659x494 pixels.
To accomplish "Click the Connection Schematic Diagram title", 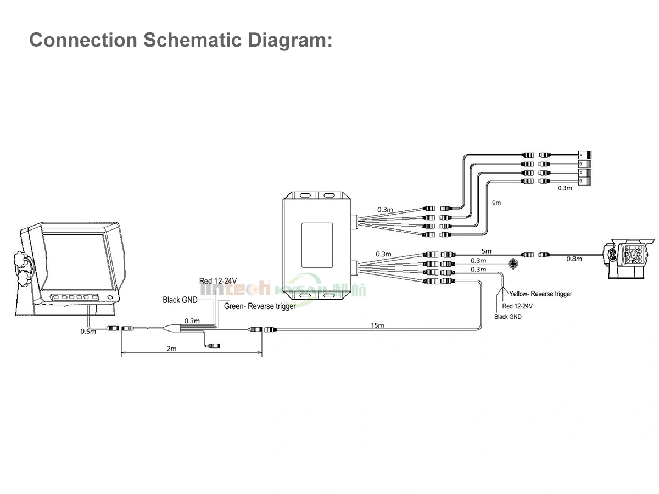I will coord(181,40).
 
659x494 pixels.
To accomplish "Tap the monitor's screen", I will coord(74,261).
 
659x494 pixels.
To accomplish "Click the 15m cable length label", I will coord(377,325).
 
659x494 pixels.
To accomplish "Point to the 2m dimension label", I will coord(171,349).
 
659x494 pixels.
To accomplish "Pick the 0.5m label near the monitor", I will coord(88,331).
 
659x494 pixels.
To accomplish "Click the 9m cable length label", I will coord(496,203).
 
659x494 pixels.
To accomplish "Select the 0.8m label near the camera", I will coord(574,259).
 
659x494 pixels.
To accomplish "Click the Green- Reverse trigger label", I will coord(260,306).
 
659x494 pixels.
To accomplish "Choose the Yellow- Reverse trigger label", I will coord(541,294).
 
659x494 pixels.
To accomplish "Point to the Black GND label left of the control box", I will coord(180,300).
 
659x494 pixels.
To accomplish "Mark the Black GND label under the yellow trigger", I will coord(509,317).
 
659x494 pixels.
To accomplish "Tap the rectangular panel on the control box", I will coord(317,242).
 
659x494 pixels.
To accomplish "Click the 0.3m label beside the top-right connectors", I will coord(565,188).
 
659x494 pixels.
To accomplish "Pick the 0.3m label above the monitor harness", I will coord(192,321).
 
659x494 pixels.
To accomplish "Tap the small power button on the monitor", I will coord(110,298).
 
